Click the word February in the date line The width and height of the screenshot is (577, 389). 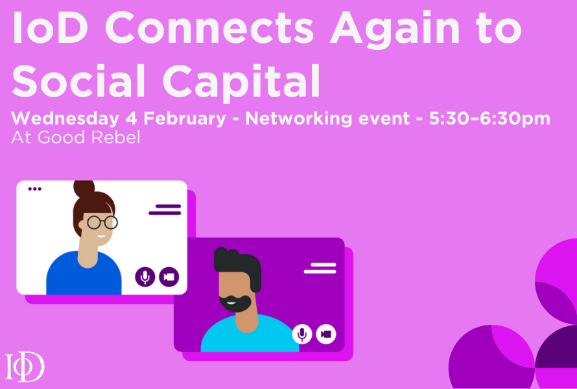point(189,119)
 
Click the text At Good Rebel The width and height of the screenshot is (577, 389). point(76,138)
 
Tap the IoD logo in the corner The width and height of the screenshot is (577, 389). point(25,367)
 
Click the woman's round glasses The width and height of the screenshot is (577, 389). point(102,222)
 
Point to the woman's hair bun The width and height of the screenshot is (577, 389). point(84,189)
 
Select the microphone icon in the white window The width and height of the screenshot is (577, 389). point(145,277)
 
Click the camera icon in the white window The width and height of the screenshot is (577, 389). point(169,277)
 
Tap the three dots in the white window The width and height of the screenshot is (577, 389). point(34,189)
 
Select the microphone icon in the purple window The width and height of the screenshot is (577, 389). point(301,334)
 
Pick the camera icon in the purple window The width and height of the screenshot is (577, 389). point(326,334)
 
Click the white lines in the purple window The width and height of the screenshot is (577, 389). point(320,267)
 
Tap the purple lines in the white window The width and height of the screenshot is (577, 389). point(165,209)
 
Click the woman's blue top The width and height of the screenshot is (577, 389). point(84,276)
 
